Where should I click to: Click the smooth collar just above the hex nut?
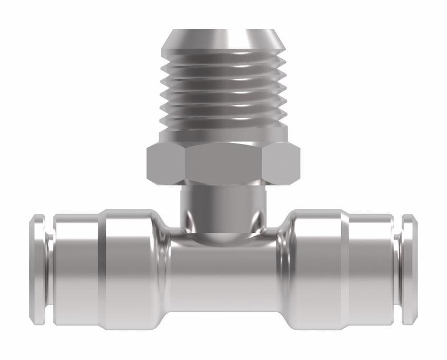click(223, 135)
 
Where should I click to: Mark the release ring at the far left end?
click(37, 270)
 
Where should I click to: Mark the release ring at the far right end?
click(409, 270)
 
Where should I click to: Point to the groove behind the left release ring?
click(50, 270)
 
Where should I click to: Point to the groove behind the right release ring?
click(397, 270)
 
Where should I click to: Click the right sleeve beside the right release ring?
click(371, 270)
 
